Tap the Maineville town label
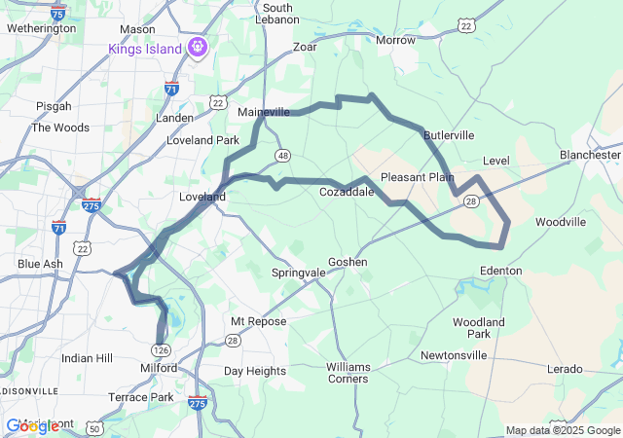point(264,112)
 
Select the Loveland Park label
point(202,140)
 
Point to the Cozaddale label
point(348,192)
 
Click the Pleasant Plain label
point(418,177)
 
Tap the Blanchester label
point(590,155)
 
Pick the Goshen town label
point(348,262)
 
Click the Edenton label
point(501,270)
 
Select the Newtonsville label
point(454,355)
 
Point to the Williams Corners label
point(348,372)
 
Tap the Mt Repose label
point(258,321)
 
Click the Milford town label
point(159,368)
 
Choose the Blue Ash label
point(41,264)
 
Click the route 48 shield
point(282,156)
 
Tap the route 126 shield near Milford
point(161,349)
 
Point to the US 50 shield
point(94,427)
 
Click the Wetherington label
point(41,28)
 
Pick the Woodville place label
point(561,222)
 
